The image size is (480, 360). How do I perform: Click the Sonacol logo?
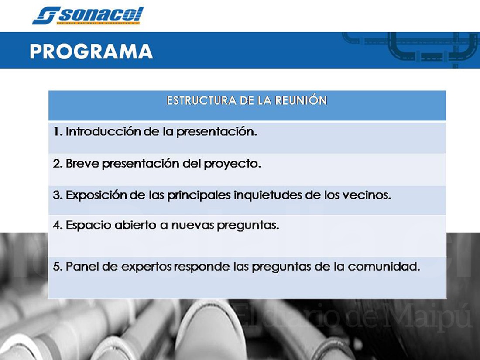coord(88,16)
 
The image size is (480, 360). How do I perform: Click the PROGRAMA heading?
coord(91,51)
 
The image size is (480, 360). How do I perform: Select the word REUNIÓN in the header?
coord(301,100)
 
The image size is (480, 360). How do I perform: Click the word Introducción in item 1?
coord(103,132)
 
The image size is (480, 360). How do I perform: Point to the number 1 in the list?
coord(56,132)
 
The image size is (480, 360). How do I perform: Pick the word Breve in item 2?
coord(79,164)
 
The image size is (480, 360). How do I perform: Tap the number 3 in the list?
coord(57,195)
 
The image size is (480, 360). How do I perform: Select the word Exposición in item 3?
coord(97,195)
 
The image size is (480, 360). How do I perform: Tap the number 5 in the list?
coord(57,267)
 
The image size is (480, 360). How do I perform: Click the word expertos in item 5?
coord(146,267)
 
